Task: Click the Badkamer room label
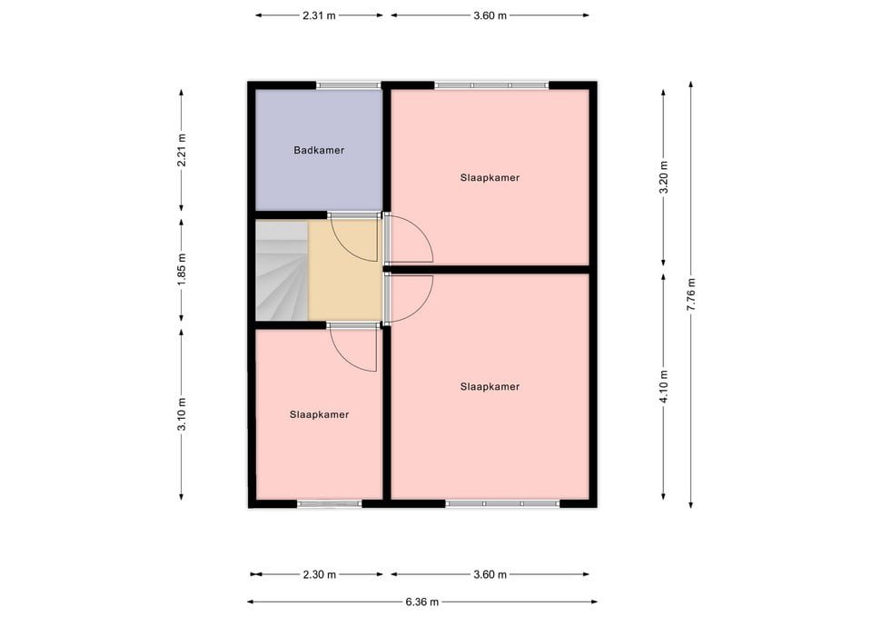tap(319, 150)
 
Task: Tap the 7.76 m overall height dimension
tap(691, 294)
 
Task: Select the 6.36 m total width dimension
tap(422, 602)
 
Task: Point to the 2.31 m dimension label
tap(319, 15)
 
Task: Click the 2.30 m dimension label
tap(319, 574)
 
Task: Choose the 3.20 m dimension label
tap(663, 177)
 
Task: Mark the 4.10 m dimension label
tap(663, 387)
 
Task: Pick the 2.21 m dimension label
tap(182, 150)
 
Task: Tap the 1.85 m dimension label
tap(182, 270)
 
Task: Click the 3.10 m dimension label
tap(182, 414)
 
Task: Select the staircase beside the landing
tap(282, 271)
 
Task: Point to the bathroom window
tap(349, 85)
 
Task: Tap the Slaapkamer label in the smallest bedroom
tap(319, 414)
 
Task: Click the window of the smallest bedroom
tap(329, 503)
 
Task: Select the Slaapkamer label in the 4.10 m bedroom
tap(490, 387)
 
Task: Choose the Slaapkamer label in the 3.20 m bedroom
tap(490, 177)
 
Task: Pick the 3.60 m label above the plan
tap(490, 15)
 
